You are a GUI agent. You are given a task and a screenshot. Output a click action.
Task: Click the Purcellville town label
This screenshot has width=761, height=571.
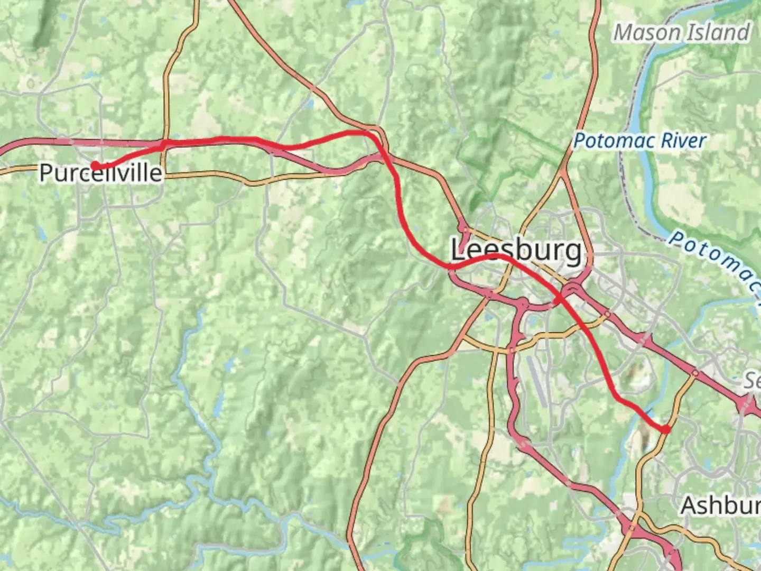[100, 173]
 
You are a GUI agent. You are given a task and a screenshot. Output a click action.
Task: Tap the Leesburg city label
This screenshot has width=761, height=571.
[516, 250]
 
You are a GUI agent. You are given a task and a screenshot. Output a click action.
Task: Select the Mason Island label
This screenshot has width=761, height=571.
[682, 33]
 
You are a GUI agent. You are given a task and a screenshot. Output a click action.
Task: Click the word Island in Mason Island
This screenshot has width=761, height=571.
[717, 33]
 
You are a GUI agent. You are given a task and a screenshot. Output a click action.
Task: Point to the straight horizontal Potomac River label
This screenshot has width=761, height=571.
[639, 141]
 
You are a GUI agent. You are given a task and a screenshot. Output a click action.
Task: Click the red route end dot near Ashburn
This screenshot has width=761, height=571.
[666, 429]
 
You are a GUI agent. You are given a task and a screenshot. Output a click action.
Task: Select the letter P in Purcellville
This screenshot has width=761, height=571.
[47, 173]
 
